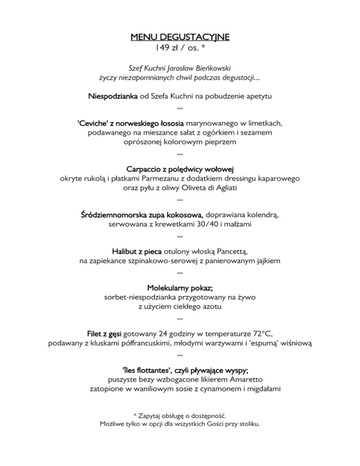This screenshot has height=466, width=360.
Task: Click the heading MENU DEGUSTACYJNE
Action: pos(180,37)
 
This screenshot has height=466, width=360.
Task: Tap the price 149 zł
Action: pos(167,47)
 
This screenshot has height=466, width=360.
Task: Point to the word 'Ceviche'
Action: pos(93,123)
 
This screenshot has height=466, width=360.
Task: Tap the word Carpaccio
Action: pos(145,168)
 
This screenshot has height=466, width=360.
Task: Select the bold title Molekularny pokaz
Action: pos(180,287)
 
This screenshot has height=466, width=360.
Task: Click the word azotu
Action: pos(210,307)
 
